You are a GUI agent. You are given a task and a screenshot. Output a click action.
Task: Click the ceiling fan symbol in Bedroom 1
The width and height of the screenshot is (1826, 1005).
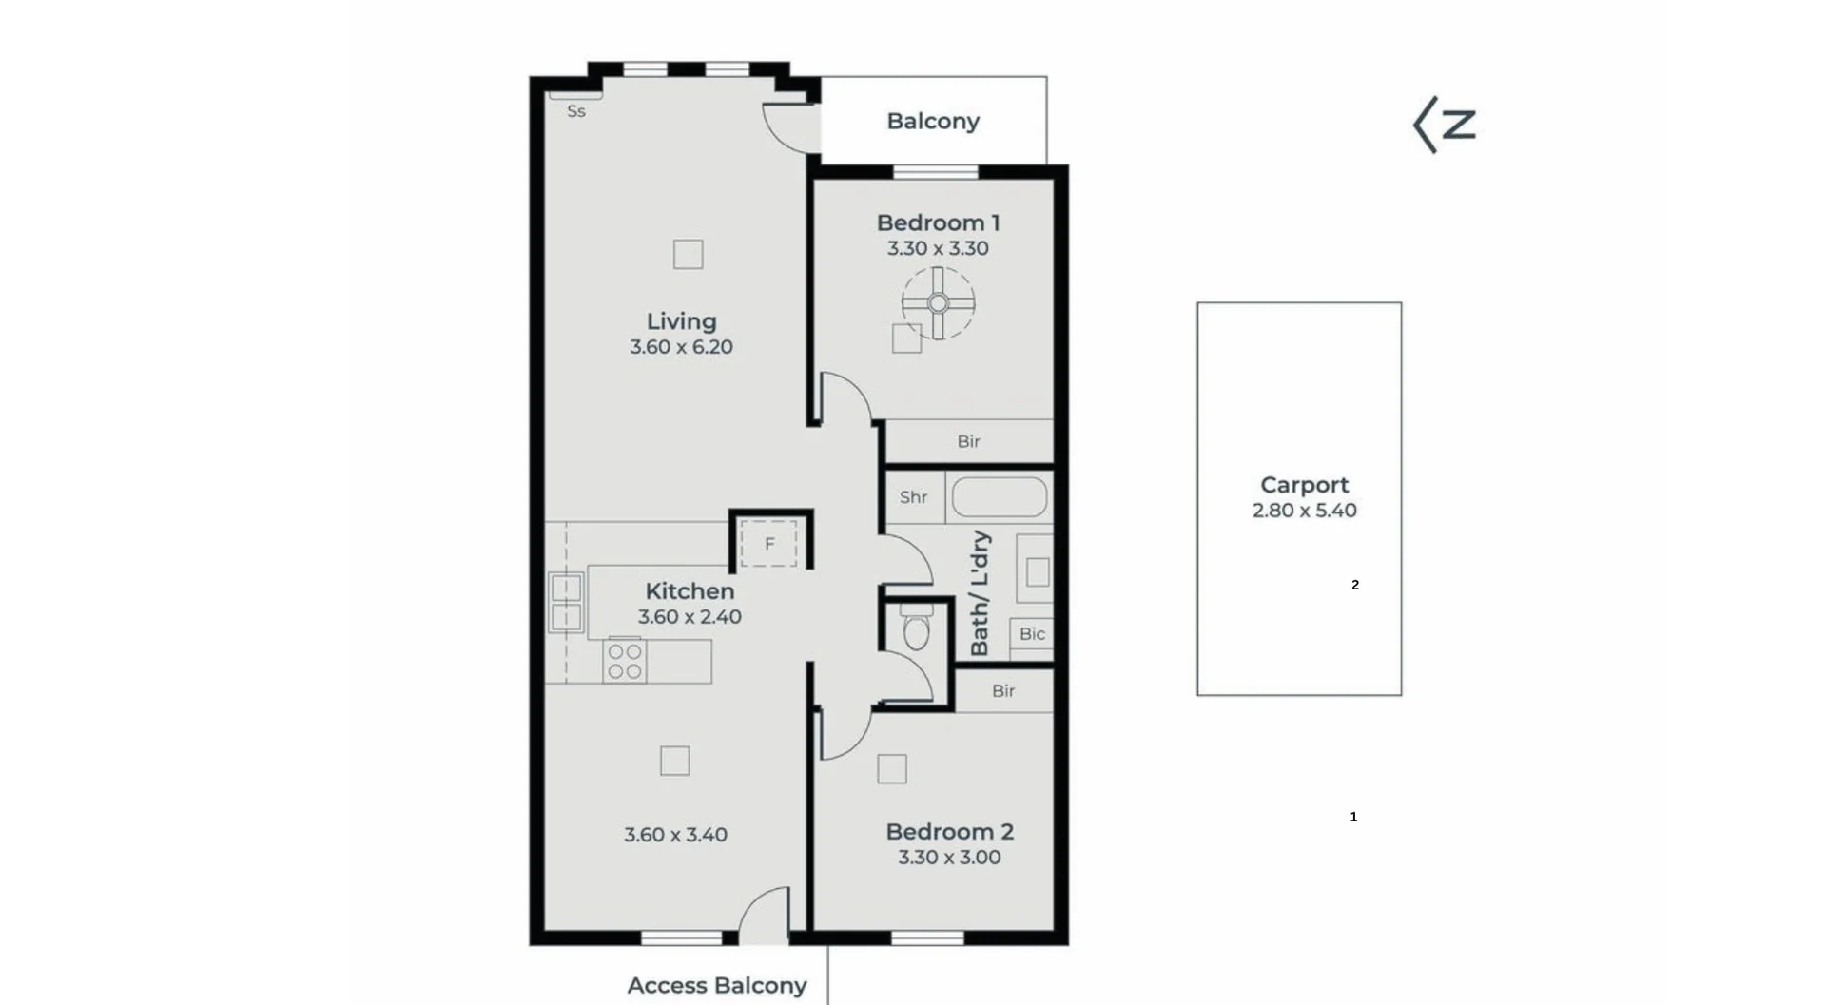click(x=938, y=303)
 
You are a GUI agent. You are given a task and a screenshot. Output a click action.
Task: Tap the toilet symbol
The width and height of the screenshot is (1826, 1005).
click(x=916, y=630)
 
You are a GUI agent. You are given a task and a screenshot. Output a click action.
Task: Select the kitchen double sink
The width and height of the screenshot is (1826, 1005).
click(x=566, y=603)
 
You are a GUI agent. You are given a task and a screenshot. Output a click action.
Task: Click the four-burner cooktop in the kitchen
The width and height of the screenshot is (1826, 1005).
click(x=625, y=662)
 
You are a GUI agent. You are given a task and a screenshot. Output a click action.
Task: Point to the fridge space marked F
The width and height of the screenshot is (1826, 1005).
click(x=769, y=544)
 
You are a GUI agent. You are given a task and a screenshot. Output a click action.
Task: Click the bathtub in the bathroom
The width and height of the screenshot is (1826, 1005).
click(x=1000, y=497)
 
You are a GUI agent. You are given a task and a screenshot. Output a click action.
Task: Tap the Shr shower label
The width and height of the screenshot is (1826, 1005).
click(x=913, y=497)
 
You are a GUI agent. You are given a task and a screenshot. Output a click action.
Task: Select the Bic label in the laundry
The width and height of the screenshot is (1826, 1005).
click(x=1032, y=634)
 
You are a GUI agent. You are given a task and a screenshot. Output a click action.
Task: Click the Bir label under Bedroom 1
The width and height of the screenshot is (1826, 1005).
click(x=968, y=441)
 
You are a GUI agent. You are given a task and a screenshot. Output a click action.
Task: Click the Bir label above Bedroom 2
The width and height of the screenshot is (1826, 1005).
click(x=1003, y=691)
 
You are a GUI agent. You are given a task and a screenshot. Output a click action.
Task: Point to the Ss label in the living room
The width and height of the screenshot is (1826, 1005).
click(x=575, y=111)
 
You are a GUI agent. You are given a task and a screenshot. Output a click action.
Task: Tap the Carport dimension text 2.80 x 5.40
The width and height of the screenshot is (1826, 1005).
click(x=1304, y=511)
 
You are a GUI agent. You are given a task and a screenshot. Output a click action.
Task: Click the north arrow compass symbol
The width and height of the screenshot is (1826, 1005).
click(x=1444, y=125)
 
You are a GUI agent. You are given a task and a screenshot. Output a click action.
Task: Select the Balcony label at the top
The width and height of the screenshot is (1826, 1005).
click(x=932, y=121)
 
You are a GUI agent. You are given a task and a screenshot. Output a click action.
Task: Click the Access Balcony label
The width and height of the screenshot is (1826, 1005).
click(x=716, y=986)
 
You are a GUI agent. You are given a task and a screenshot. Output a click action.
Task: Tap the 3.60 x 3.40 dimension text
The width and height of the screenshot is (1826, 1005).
click(x=675, y=835)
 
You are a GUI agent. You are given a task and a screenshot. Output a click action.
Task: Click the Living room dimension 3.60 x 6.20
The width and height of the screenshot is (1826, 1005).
click(x=681, y=347)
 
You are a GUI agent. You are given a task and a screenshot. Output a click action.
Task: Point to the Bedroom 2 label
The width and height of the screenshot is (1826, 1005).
click(x=949, y=832)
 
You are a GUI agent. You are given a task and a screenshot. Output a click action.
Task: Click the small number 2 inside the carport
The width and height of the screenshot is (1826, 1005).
click(x=1355, y=585)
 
